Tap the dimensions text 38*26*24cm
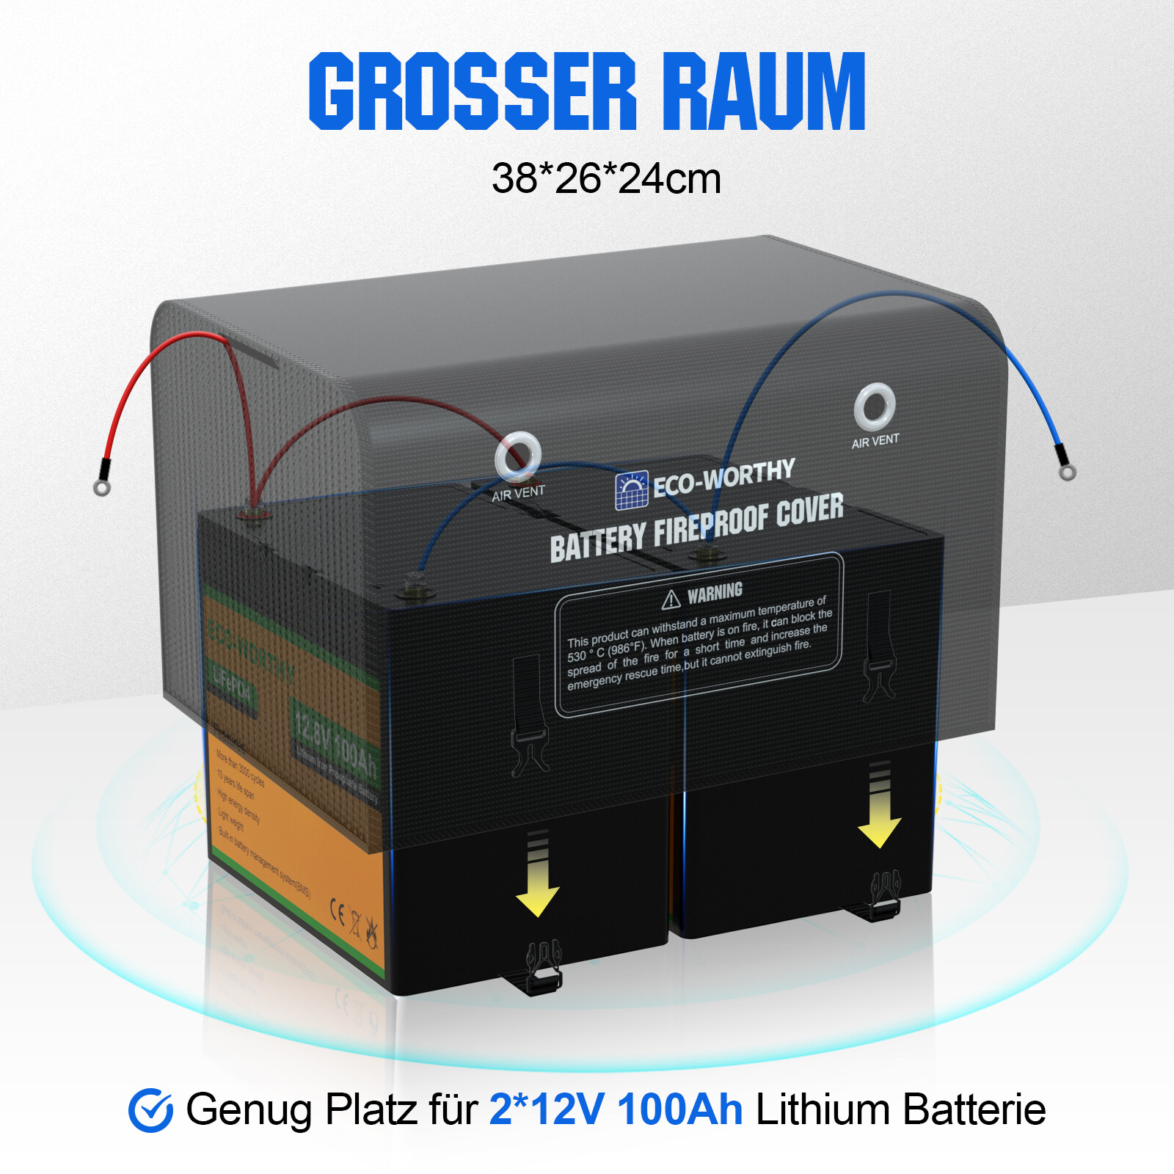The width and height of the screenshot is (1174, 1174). click(x=606, y=178)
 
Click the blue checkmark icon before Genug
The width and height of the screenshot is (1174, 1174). click(x=150, y=1109)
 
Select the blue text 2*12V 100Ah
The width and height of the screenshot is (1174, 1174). click(x=616, y=1109)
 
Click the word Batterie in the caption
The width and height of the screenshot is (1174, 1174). click(x=974, y=1109)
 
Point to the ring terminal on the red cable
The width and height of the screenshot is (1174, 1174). click(x=102, y=487)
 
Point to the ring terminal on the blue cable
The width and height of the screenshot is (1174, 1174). click(x=1068, y=472)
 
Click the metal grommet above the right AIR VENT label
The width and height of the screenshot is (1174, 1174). click(x=875, y=406)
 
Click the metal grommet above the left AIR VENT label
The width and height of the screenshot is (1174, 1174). click(x=518, y=455)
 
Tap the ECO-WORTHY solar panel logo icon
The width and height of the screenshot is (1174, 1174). click(x=632, y=491)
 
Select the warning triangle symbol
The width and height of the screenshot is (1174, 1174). click(x=671, y=600)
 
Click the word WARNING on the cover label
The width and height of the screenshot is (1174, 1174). click(x=715, y=592)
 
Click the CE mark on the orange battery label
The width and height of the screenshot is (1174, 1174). click(x=337, y=911)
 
